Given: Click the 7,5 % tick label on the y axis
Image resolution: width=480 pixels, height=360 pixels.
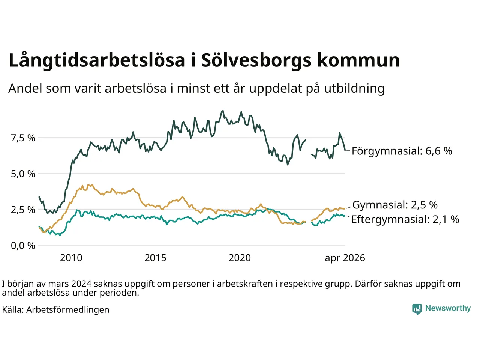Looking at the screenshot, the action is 23,138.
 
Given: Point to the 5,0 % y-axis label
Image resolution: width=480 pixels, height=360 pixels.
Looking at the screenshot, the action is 23,174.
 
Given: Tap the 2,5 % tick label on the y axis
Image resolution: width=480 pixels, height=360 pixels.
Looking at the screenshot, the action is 23,210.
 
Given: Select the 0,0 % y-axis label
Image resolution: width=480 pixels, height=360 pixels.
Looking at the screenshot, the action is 23,246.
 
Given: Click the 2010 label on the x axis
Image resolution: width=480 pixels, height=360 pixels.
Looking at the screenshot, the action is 71,258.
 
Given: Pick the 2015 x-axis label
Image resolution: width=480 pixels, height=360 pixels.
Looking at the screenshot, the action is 155,258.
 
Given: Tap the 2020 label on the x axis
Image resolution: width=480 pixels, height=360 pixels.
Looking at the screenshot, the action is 240,258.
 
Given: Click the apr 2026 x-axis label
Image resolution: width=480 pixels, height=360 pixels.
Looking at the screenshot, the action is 345,258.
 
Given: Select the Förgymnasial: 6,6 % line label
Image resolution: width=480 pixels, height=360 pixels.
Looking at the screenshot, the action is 402,151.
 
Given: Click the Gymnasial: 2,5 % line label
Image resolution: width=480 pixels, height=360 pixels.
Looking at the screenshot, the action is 395,205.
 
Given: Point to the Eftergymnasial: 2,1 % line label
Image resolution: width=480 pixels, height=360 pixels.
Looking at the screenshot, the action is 405,219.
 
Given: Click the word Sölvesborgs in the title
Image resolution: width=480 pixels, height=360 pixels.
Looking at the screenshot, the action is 256,60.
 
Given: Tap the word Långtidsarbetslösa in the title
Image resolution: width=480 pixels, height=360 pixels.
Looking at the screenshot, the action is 97,60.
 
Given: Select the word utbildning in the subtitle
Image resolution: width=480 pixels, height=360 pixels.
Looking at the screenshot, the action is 354,89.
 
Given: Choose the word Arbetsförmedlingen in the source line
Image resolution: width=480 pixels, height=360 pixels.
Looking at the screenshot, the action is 67,310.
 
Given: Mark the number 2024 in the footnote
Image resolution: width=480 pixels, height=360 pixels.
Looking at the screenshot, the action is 81,284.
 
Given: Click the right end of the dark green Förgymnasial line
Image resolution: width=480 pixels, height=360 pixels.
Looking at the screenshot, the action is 345,150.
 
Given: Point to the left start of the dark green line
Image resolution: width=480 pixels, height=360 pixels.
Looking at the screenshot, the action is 39,197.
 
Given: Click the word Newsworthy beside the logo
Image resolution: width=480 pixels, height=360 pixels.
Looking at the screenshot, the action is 448,308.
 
